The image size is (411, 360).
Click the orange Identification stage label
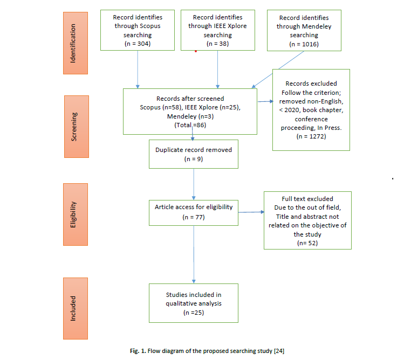point(76,43)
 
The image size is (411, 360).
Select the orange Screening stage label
point(77,127)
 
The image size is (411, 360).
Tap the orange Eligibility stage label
point(76,214)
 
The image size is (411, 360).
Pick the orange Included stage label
point(76,308)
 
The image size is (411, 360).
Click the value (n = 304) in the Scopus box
point(138,44)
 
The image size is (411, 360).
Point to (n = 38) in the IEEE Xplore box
point(217,44)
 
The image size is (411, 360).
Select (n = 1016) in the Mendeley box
point(304,44)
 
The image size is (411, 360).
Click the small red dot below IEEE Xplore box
point(196,51)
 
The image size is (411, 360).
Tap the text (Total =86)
point(190,125)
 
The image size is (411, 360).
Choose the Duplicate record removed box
point(194,154)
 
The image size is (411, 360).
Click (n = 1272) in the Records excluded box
point(311,136)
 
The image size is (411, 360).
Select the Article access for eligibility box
point(194,213)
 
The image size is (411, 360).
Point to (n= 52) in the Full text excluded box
point(307,243)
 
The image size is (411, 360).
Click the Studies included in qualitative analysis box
point(194,303)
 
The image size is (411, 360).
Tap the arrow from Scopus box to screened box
point(138,70)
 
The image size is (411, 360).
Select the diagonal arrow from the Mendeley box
point(278,70)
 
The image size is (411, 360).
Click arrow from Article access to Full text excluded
point(251,212)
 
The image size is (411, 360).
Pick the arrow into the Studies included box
point(194,254)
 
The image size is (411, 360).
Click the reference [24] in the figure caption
point(279,351)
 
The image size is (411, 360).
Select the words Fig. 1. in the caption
point(138,351)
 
